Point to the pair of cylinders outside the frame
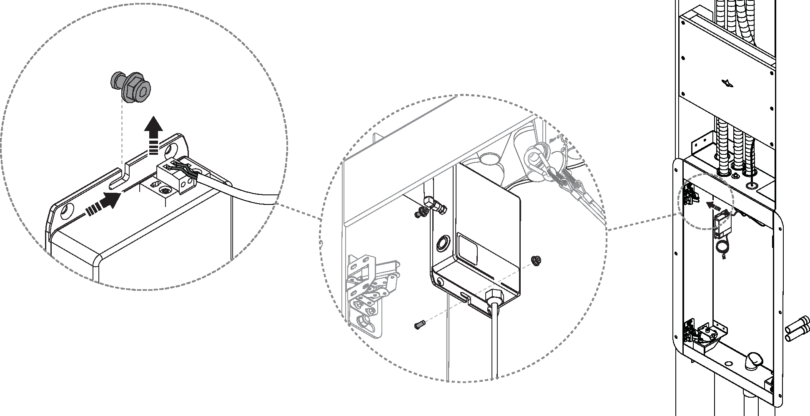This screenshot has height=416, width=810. (797, 330)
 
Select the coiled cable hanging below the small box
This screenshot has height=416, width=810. (722, 249)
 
